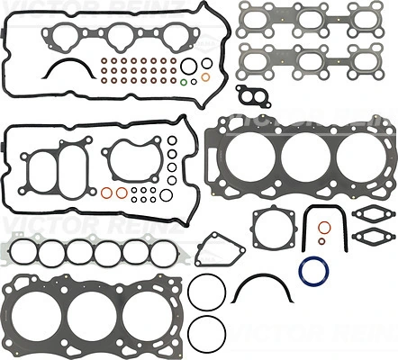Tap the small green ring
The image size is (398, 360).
tap(184, 85)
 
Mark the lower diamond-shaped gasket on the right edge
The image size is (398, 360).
tap(369, 238)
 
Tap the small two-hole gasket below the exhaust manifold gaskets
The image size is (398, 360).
tap(253, 95)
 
